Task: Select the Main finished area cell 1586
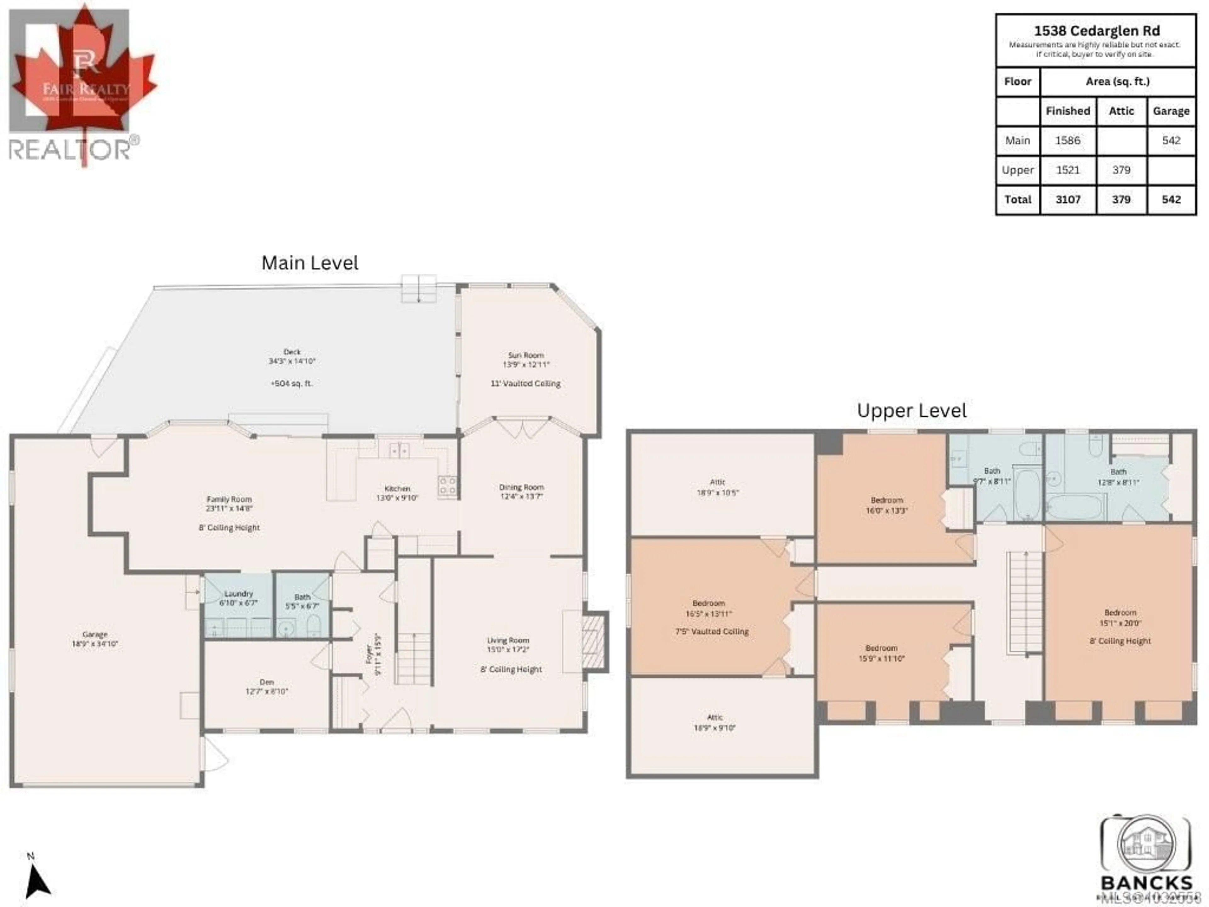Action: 1067,140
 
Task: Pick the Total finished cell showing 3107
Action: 1067,200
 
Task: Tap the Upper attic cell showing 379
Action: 1121,170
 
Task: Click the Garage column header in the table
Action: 1171,111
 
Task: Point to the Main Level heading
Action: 310,263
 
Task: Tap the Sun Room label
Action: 526,355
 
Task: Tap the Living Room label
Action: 508,640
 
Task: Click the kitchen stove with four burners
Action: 447,486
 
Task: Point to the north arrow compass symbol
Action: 37,881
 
